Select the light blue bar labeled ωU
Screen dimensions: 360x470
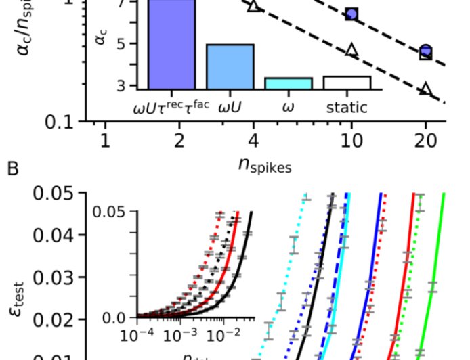tap(230, 66)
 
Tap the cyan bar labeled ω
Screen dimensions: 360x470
tap(288, 83)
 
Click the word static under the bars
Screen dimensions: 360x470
tap(347, 107)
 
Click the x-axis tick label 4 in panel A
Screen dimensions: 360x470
tap(253, 141)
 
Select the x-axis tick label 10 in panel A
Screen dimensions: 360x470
tap(351, 141)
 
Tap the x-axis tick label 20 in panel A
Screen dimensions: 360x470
tap(425, 141)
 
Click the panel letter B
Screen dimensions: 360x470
tap(12, 168)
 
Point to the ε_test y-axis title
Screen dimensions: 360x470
tap(21, 279)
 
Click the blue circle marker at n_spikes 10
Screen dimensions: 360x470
tap(351, 14)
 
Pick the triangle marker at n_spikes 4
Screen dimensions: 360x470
tap(253, 5)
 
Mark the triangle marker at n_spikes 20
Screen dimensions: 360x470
tap(425, 89)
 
